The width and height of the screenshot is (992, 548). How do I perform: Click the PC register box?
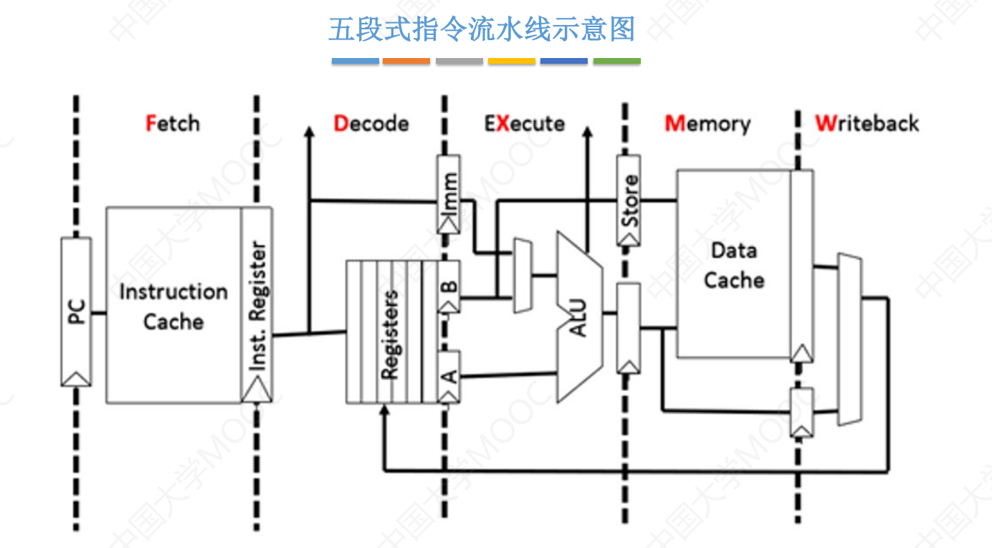tap(76, 312)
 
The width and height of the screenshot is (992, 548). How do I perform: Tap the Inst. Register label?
tap(257, 306)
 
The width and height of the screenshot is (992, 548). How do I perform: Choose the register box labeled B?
tap(449, 286)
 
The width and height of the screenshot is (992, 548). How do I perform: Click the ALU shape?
tap(579, 317)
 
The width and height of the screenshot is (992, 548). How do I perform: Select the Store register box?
tap(629, 201)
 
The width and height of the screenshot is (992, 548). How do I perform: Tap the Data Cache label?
tap(733, 265)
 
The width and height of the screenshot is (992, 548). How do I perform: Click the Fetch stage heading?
tap(173, 123)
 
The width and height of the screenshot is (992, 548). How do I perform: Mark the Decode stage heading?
tap(371, 123)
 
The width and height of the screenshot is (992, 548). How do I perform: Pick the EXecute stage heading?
tap(524, 123)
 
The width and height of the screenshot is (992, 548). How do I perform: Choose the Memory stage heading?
tap(707, 123)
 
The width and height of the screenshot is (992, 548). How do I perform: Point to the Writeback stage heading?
tap(867, 123)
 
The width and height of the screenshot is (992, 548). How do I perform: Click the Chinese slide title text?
tap(482, 30)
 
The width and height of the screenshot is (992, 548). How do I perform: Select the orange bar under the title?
tap(406, 62)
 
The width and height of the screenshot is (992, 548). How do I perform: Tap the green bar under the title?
tap(616, 62)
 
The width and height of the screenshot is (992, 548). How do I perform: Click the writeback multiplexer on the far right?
tap(849, 339)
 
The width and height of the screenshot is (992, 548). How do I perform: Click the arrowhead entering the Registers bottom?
tap(385, 411)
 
